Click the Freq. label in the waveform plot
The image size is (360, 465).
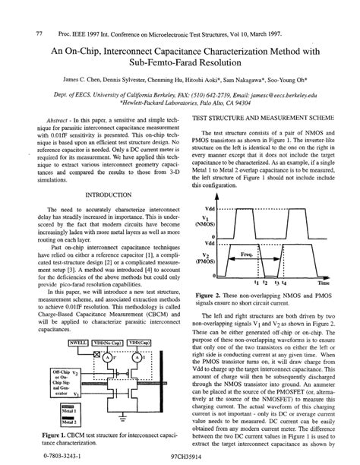coord(247,254)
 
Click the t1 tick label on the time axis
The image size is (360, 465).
coord(244,281)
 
